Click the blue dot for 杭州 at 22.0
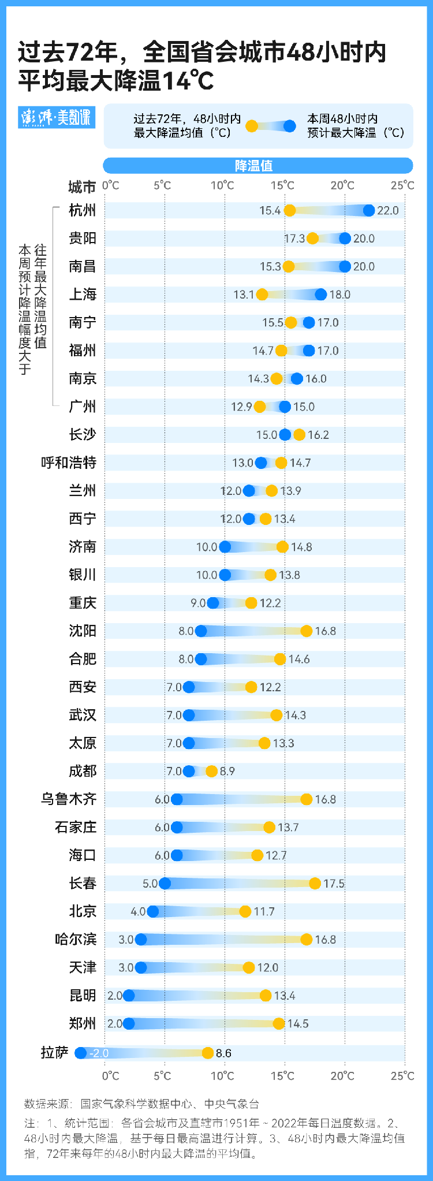(x=369, y=210)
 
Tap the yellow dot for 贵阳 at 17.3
(x=312, y=239)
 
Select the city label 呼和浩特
(x=69, y=463)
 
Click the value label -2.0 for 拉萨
(x=99, y=1053)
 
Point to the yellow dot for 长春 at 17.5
(x=315, y=883)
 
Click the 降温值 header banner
(x=257, y=166)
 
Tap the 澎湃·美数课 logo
(x=56, y=117)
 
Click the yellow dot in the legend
(x=252, y=126)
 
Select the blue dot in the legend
(x=290, y=126)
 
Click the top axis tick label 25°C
(x=402, y=185)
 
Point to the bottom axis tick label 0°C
(x=111, y=1075)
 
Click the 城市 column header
(x=82, y=187)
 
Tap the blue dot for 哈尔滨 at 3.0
(x=141, y=939)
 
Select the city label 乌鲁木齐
(x=69, y=799)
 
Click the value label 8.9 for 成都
(x=227, y=771)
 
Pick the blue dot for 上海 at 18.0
(x=321, y=295)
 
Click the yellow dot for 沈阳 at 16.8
(x=306, y=631)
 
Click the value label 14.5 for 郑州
(x=298, y=1023)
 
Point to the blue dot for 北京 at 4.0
(x=153, y=911)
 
